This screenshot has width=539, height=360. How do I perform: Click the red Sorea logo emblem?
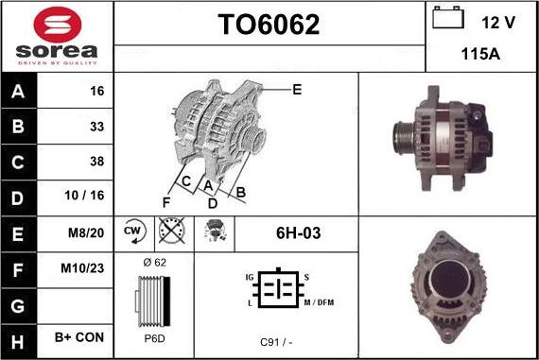(x=58, y=26)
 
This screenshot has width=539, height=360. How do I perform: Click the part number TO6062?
(x=269, y=25)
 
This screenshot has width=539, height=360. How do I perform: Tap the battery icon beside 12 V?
(x=448, y=18)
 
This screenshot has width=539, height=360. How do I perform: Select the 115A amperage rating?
(x=480, y=54)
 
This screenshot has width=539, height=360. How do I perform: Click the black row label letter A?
(x=18, y=92)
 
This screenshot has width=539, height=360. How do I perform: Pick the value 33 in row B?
(x=97, y=127)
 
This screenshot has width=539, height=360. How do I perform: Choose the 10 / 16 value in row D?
(x=84, y=195)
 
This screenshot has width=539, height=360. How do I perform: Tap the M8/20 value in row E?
(x=86, y=232)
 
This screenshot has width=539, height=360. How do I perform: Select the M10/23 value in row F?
(x=82, y=268)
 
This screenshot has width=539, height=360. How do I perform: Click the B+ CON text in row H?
(x=79, y=337)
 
